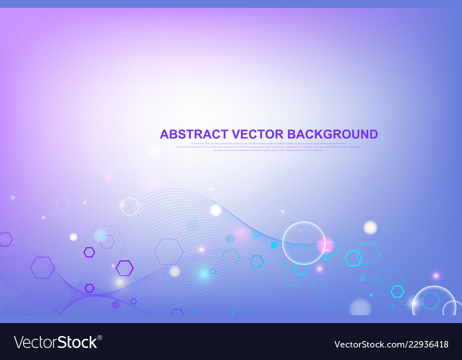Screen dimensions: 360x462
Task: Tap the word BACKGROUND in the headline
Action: click(332, 134)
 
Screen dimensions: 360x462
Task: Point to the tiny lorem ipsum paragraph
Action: click(268, 147)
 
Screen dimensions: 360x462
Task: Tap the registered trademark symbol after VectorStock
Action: click(100, 337)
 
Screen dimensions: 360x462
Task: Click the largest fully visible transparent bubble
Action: click(304, 243)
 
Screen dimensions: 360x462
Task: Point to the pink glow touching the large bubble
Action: click(326, 245)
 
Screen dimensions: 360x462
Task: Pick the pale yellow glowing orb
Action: click(370, 227)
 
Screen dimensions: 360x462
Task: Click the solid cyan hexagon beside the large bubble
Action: click(274, 245)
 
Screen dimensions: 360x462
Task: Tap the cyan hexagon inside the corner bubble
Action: click(431, 300)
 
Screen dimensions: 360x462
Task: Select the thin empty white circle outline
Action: click(62, 204)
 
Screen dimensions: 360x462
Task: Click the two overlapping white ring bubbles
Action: click(131, 207)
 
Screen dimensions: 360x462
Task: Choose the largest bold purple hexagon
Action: click(43, 268)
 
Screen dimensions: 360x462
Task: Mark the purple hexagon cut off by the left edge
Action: click(5, 239)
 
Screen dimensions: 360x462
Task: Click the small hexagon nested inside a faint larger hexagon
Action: click(107, 242)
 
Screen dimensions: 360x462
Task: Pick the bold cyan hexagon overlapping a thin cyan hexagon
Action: click(354, 258)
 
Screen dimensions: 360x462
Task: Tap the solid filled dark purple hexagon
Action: click(115, 305)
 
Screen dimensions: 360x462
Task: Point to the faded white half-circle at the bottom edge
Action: click(360, 308)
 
